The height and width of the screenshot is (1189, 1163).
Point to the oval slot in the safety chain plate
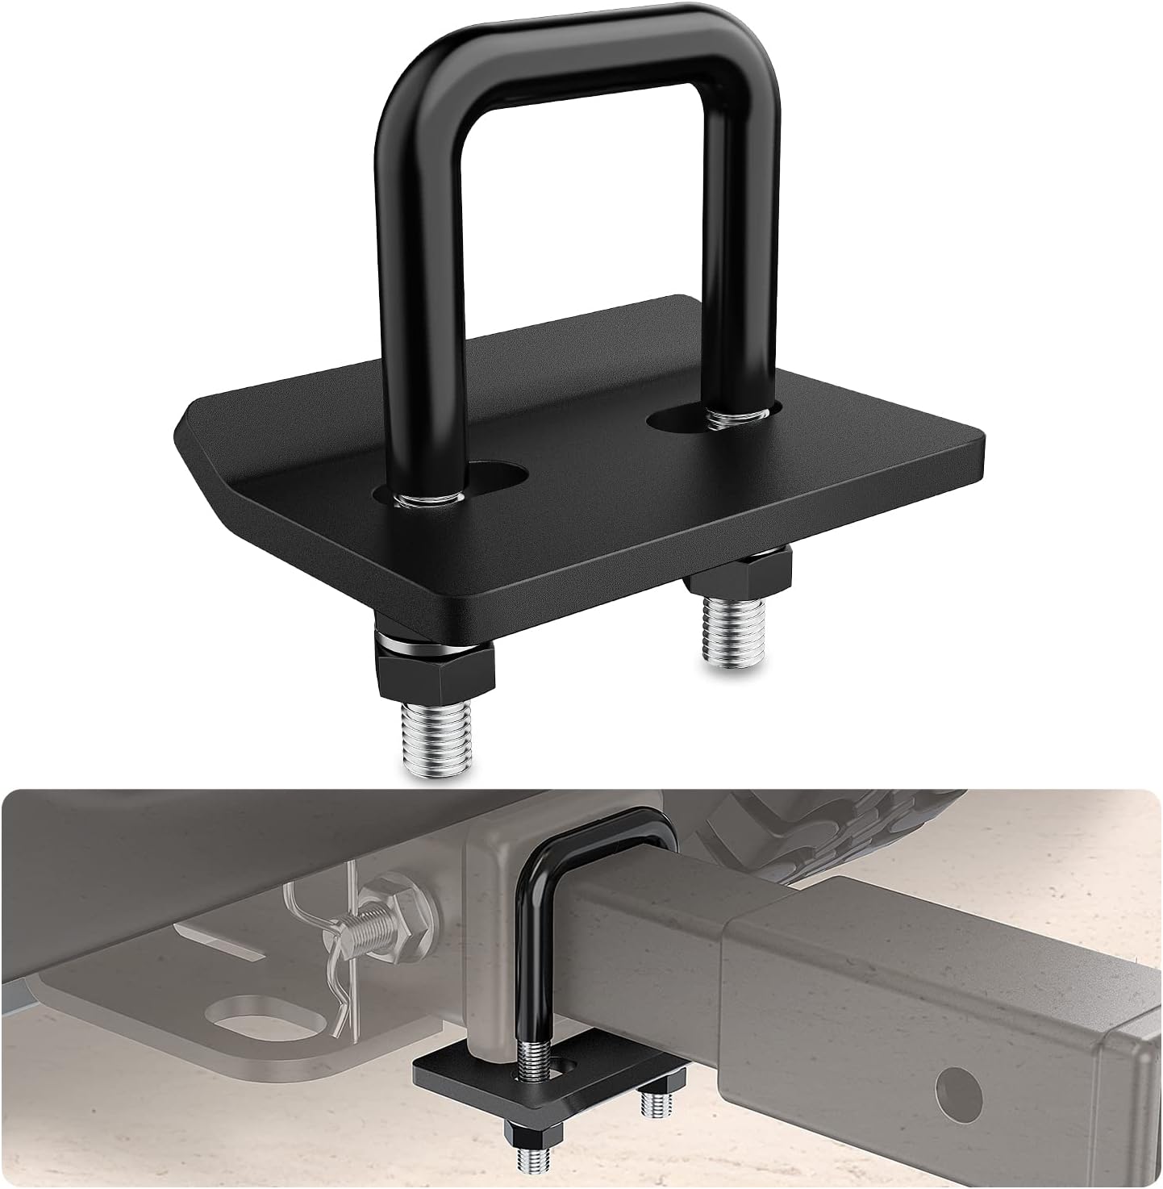click(x=246, y=1020)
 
